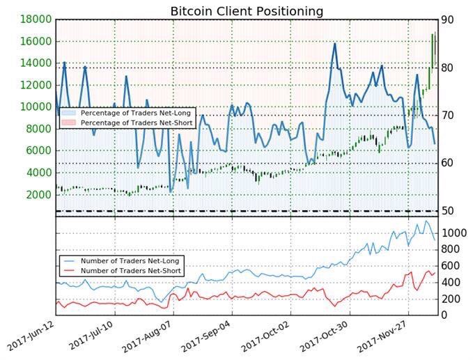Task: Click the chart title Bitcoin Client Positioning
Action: [x=247, y=11]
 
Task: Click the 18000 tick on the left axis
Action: [x=33, y=19]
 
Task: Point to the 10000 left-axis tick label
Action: [x=33, y=107]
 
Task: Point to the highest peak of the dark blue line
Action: [x=335, y=44]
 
